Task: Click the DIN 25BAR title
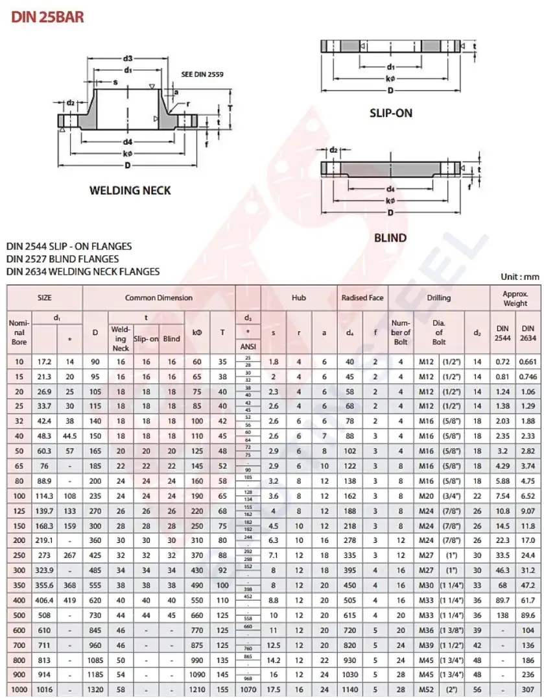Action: [x=47, y=16]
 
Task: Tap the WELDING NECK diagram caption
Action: [x=130, y=190]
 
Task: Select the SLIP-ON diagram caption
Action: [x=391, y=113]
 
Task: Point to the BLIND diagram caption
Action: [x=390, y=238]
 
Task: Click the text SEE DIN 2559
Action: [x=202, y=75]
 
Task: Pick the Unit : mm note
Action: [x=519, y=277]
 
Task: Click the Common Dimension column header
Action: [x=159, y=298]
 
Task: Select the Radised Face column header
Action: [x=362, y=298]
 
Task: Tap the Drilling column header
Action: [x=439, y=298]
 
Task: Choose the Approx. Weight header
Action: [x=515, y=298]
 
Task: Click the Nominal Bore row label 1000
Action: [x=19, y=688]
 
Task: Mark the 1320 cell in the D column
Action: [x=95, y=688]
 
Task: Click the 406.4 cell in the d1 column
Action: [x=45, y=601]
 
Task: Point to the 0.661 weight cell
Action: [x=528, y=362]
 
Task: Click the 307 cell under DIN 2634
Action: [x=528, y=688]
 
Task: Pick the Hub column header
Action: [x=298, y=298]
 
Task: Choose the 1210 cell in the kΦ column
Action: [x=197, y=688]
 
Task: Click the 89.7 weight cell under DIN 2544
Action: [x=503, y=601]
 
